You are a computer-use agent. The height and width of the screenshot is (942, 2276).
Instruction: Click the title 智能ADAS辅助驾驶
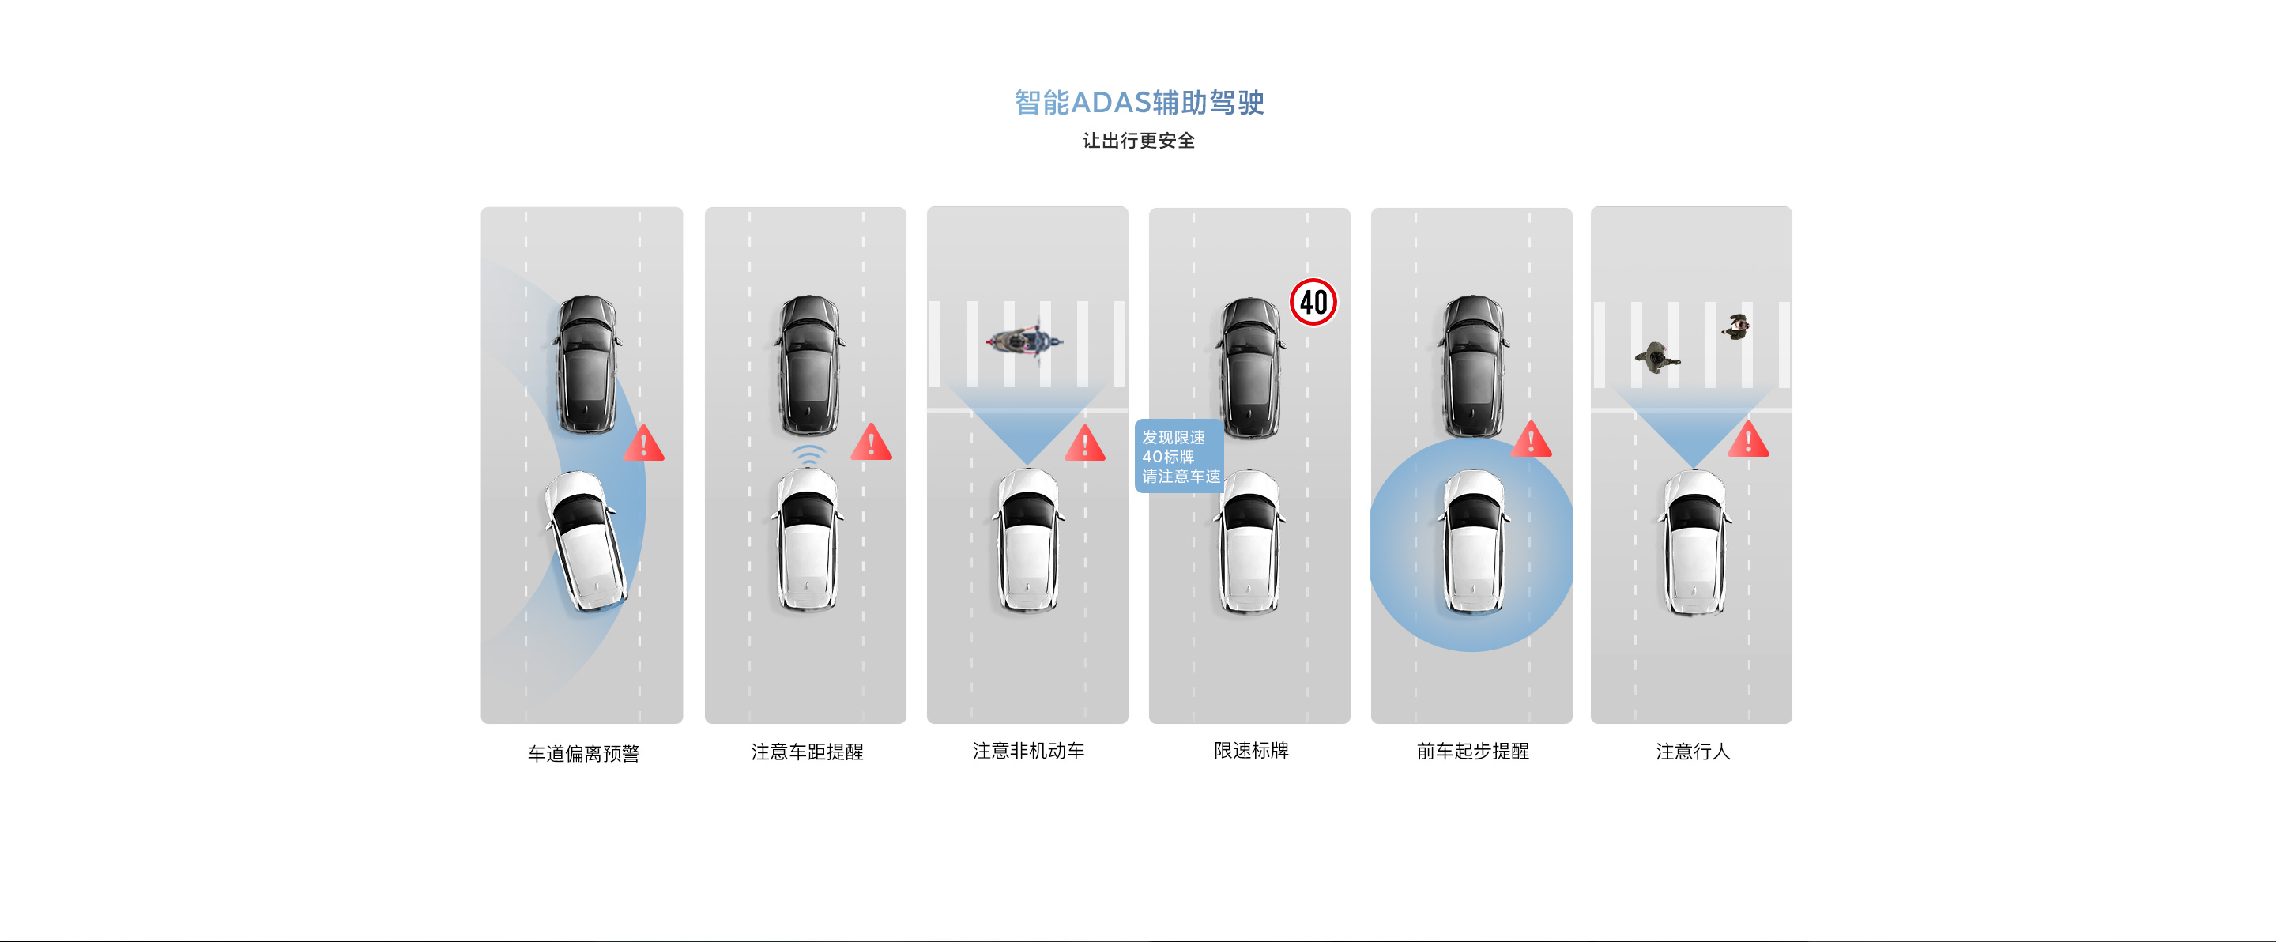[1139, 103]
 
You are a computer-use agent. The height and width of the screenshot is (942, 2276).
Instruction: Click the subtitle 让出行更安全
[1139, 141]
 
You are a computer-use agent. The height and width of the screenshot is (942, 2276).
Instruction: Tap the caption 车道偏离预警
[583, 753]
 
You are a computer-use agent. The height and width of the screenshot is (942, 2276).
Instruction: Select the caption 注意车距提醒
[807, 751]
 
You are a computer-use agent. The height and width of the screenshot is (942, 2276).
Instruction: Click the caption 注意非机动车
[1028, 750]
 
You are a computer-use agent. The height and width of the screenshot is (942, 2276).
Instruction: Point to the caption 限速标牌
[1251, 750]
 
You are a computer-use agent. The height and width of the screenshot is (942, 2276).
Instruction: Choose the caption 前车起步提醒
[1473, 750]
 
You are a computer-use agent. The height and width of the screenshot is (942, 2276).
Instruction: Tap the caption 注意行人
[1693, 751]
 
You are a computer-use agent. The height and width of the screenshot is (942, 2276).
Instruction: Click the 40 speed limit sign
[1313, 302]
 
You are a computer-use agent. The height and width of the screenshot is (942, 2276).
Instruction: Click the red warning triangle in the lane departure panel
[643, 443]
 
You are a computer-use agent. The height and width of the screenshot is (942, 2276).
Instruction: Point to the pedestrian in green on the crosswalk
[1656, 358]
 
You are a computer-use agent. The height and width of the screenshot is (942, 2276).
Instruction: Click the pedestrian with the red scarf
[1736, 326]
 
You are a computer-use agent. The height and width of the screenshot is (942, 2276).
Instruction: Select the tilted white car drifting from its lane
[586, 541]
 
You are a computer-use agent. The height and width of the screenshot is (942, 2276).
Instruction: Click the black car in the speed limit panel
[1250, 367]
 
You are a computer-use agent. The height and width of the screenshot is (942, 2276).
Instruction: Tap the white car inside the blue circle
[1473, 541]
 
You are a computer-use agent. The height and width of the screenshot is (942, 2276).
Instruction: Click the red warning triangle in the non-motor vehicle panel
[1085, 443]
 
